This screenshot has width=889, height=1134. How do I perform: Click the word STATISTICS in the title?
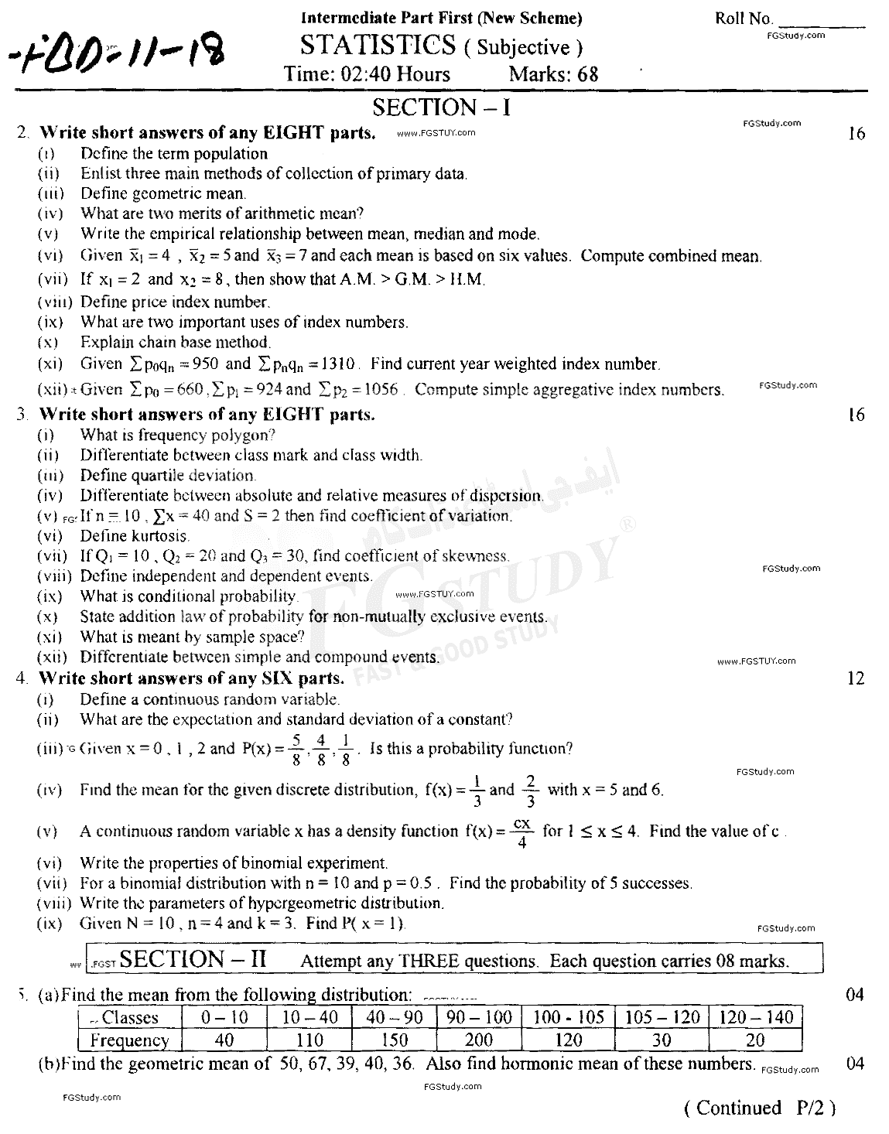click(378, 46)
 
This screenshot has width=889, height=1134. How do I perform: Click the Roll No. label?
click(744, 19)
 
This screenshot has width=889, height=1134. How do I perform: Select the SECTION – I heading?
click(441, 107)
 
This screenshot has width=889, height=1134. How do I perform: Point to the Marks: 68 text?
click(553, 74)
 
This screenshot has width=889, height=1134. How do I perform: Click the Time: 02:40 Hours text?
click(367, 74)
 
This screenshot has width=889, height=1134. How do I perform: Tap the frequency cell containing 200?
click(479, 1040)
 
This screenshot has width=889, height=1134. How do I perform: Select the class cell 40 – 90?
click(394, 1017)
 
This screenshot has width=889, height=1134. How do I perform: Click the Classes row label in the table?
click(129, 1018)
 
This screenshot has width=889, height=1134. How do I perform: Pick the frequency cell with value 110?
click(309, 1040)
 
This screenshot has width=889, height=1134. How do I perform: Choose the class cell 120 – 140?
click(756, 1017)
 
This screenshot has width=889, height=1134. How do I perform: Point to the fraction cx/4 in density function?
click(521, 832)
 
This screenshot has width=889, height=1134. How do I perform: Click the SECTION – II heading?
click(193, 959)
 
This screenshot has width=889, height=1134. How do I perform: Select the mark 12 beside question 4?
click(855, 678)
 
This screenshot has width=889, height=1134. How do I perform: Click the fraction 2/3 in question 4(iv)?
click(531, 790)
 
